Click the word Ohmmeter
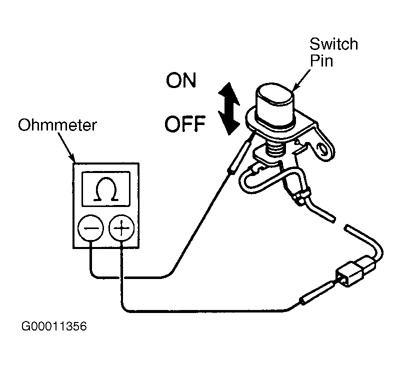point(57,125)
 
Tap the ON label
point(181,80)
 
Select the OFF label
point(185,124)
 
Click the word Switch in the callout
point(333,44)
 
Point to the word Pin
point(321,61)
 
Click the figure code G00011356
point(54,326)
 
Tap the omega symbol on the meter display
point(106,188)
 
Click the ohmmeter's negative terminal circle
point(91,228)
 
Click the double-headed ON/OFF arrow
point(229,108)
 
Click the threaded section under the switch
point(276,150)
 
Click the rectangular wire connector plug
point(354,272)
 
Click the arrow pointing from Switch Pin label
point(302,80)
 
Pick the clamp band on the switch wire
point(300,195)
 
